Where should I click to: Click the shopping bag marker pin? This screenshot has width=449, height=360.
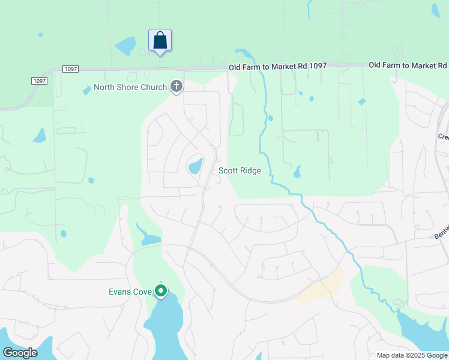point(160,41)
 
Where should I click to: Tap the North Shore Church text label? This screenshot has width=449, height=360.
point(130,88)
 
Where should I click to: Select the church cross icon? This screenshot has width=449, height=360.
point(176,87)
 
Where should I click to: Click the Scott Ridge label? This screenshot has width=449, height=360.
point(240,171)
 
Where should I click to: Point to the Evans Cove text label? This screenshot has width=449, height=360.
point(129,292)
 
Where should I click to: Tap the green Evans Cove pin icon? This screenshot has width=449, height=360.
point(161,291)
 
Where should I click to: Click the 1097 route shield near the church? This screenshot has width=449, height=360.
point(70,70)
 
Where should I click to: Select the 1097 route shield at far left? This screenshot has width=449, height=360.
point(39,81)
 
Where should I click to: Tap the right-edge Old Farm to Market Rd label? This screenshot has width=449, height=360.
point(408,65)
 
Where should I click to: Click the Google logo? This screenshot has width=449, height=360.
point(20,352)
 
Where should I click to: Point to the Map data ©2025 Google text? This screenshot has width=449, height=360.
point(411,355)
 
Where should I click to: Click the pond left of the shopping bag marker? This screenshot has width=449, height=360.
point(125,46)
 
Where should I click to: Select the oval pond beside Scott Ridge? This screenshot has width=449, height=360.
point(196,165)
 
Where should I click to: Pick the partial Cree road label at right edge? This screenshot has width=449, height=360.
point(443,137)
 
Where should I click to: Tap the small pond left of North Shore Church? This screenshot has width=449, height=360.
point(88,90)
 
